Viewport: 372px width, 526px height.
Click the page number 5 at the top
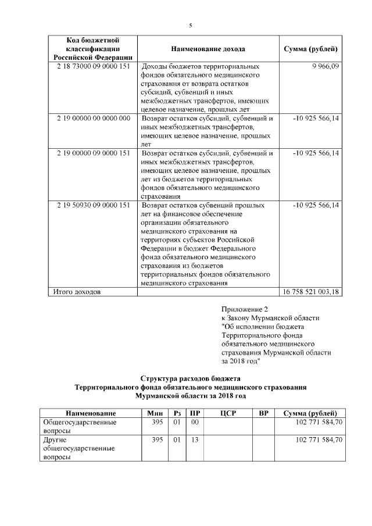coord(190,25)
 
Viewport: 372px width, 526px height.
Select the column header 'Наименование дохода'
coord(208,49)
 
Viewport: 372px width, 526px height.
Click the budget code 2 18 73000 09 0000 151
coord(92,67)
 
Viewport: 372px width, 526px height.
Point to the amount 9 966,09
coord(324,67)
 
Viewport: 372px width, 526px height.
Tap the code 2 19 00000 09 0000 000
coord(92,118)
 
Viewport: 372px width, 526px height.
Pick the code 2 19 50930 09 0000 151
coord(92,206)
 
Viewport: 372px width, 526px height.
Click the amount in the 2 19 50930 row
coord(316,206)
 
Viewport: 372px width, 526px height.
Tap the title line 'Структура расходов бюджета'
coord(190,378)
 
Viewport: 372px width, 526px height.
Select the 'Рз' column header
coord(177,413)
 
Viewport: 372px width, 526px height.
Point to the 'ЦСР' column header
coord(228,413)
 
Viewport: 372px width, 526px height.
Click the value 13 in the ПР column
coord(195,440)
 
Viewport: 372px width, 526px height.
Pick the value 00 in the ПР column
coord(195,423)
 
